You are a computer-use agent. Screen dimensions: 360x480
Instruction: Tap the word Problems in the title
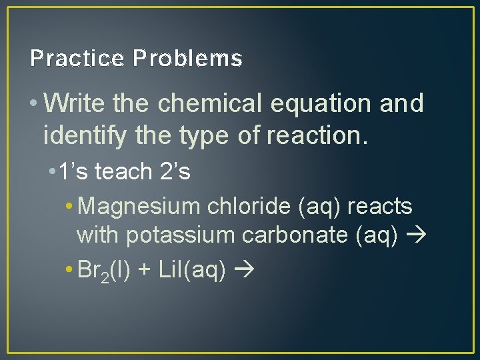pyautogui.click(x=187, y=59)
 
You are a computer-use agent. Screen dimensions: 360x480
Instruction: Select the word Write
pyautogui.click(x=77, y=104)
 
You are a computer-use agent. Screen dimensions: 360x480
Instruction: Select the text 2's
pyautogui.click(x=175, y=172)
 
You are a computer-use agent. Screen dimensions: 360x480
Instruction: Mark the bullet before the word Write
pyautogui.click(x=33, y=104)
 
